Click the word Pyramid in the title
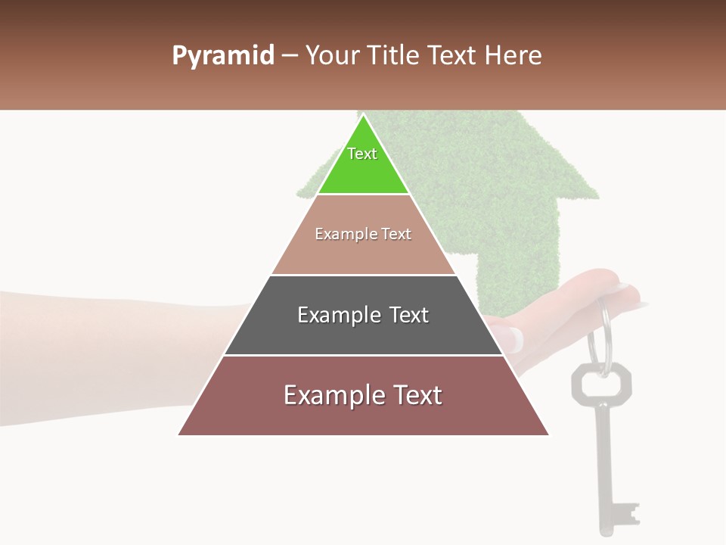click(x=222, y=56)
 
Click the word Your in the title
click(x=333, y=55)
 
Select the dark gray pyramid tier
click(x=363, y=333)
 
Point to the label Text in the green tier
click(x=362, y=154)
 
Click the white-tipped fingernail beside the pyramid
click(x=515, y=338)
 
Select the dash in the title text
click(x=289, y=56)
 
